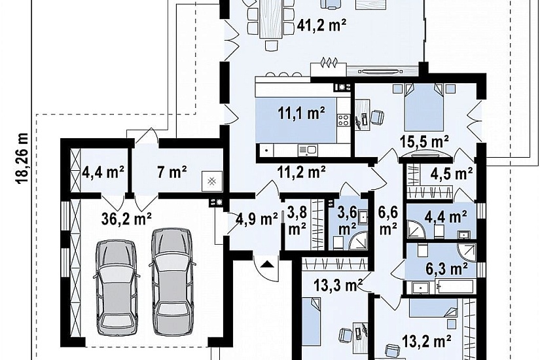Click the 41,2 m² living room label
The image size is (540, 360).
(x=321, y=26)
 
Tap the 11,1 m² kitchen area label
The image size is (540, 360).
(x=302, y=113)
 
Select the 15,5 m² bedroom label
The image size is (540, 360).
(x=424, y=141)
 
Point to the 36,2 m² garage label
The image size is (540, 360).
(x=127, y=219)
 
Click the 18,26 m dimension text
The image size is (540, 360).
(x=22, y=158)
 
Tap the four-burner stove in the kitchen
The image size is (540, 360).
(x=344, y=120)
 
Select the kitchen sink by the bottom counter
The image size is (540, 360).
(x=308, y=149)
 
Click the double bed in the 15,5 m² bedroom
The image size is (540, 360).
(x=423, y=107)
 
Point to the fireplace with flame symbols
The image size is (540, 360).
(x=328, y=69)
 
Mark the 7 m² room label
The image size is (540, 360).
(x=172, y=172)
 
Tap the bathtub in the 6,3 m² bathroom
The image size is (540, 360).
(x=454, y=287)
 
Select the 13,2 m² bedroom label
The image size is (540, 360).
(x=427, y=342)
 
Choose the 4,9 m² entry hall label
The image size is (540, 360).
(x=257, y=219)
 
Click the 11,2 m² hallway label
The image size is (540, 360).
(x=301, y=171)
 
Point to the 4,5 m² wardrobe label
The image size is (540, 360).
(x=451, y=174)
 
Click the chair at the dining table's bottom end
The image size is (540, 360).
(x=271, y=45)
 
